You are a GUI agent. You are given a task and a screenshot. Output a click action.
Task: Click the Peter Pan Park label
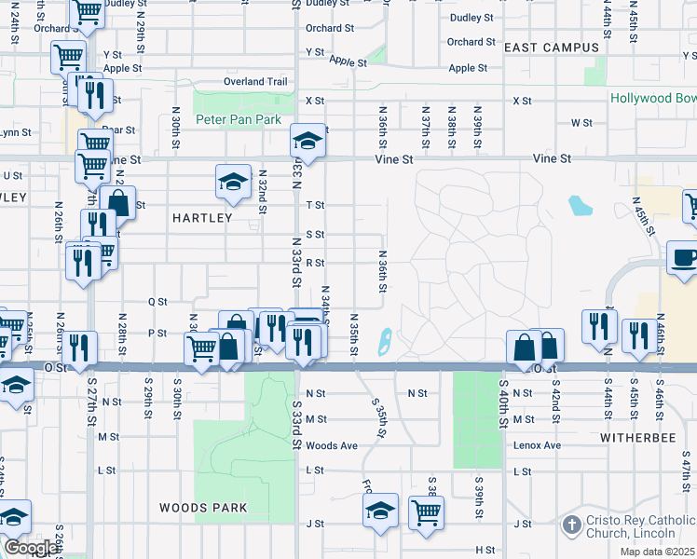(x=239, y=120)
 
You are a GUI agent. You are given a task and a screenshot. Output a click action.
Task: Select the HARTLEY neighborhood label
(x=202, y=218)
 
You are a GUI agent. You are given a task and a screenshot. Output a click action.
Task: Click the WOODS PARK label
(x=202, y=508)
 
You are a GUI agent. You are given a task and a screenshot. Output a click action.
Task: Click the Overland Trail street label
(x=255, y=82)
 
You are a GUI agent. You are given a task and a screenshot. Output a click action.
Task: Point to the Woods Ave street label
(x=332, y=446)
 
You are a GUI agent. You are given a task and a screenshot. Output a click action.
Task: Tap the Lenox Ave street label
(x=538, y=446)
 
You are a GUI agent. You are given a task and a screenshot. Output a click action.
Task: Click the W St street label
(x=581, y=123)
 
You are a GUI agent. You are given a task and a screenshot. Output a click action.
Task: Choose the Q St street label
(x=157, y=302)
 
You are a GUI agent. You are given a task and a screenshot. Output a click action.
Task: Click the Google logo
(x=30, y=548)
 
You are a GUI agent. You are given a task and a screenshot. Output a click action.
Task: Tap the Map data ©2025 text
(x=657, y=552)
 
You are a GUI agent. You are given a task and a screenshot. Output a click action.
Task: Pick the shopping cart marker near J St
(x=426, y=511)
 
